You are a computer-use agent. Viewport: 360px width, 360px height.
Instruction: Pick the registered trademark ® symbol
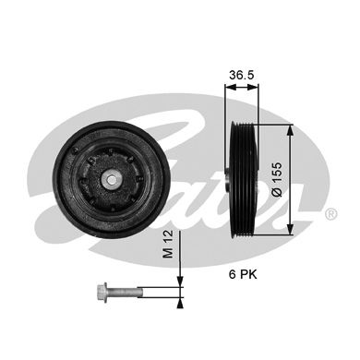(x=330, y=213)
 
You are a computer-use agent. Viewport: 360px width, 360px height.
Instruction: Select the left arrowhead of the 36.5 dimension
(x=229, y=87)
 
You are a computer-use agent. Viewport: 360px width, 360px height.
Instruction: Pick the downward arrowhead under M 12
(x=180, y=281)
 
